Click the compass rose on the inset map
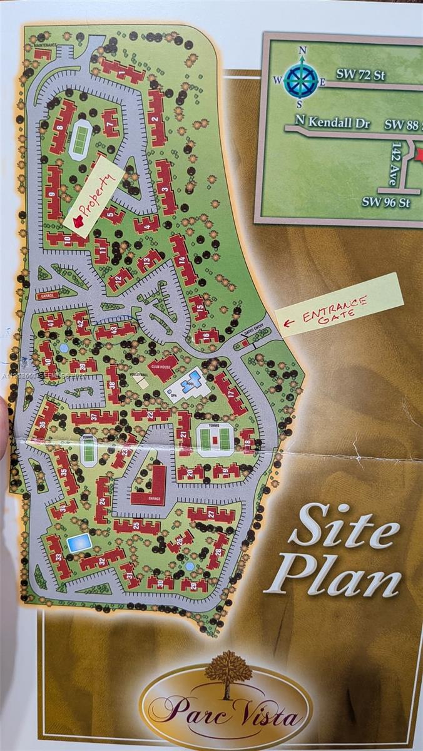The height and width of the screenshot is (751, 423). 301,79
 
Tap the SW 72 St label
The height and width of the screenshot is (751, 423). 360,74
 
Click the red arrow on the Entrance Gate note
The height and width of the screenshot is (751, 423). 289,324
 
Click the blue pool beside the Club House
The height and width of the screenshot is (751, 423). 192,380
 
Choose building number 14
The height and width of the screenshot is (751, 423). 183,258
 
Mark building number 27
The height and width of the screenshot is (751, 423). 211,514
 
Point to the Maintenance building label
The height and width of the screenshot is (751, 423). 45,45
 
